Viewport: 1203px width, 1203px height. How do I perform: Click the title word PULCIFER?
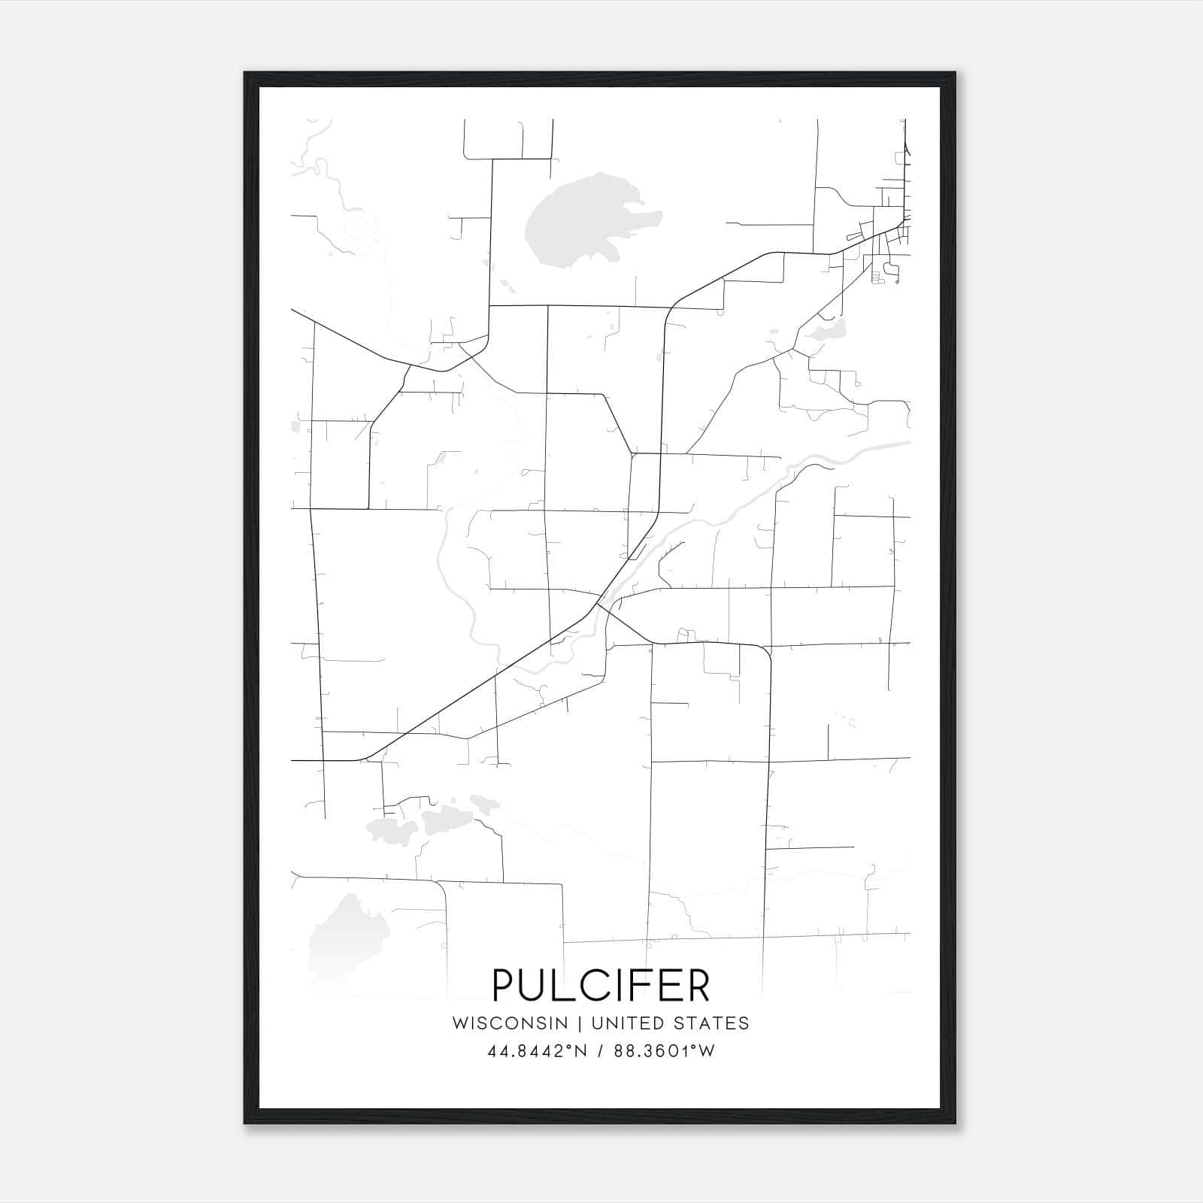point(601,985)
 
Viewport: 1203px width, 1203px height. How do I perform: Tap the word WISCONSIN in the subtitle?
point(510,1023)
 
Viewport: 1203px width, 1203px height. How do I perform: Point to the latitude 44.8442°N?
point(535,1051)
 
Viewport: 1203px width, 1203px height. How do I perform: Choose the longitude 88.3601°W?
point(664,1051)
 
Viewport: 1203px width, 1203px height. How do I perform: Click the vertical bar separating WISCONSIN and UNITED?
point(580,1023)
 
